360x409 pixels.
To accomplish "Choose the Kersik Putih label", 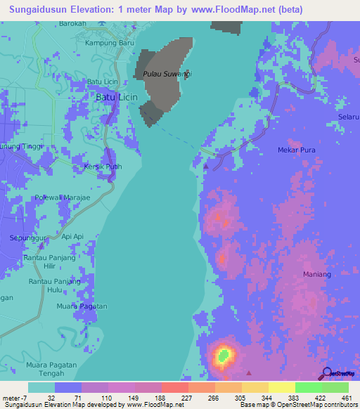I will click(103, 167).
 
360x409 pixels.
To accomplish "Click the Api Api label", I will click(73, 237).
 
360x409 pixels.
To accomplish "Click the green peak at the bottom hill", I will click(224, 356).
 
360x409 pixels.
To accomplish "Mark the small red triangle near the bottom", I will click(248, 373).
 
